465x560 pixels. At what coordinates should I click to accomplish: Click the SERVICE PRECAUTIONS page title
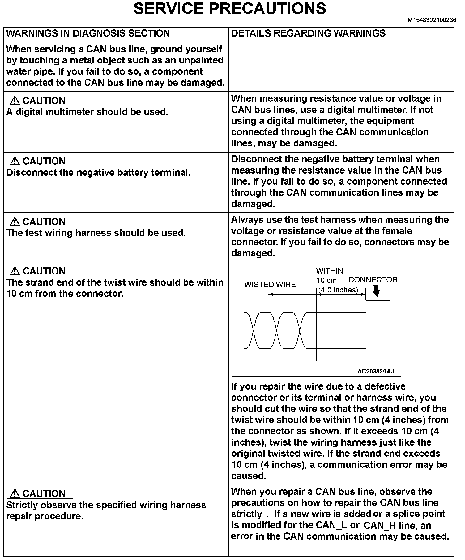pos(230,9)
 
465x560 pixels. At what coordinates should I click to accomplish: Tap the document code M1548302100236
pos(432,20)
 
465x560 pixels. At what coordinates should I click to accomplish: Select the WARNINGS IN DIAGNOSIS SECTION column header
pos(88,33)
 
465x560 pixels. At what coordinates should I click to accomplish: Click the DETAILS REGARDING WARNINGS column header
pos(308,33)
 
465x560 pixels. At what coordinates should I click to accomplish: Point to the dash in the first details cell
pos(234,50)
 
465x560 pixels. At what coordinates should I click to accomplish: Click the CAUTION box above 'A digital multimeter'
pos(40,101)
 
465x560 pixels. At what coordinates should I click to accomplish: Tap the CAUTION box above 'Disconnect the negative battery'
pos(40,161)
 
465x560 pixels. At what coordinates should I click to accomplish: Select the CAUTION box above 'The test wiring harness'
pos(40,222)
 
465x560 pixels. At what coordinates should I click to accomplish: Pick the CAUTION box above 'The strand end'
pos(40,271)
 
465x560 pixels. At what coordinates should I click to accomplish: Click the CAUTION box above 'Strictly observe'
pos(40,493)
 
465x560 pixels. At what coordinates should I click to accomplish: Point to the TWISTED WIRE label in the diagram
pos(268,285)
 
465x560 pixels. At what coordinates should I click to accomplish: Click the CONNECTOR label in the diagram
pos(373,280)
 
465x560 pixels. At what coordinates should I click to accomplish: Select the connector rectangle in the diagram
pos(378,330)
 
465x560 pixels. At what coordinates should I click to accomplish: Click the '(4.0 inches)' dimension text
pos(338,290)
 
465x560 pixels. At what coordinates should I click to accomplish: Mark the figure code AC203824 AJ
pos(376,371)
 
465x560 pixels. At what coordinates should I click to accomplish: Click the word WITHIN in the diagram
pos(330,271)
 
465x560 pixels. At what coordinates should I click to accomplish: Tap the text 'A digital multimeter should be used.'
pos(87,112)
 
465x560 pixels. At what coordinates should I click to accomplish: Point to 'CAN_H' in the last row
pos(380,525)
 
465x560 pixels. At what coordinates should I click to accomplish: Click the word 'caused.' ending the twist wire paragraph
pos(249,476)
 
